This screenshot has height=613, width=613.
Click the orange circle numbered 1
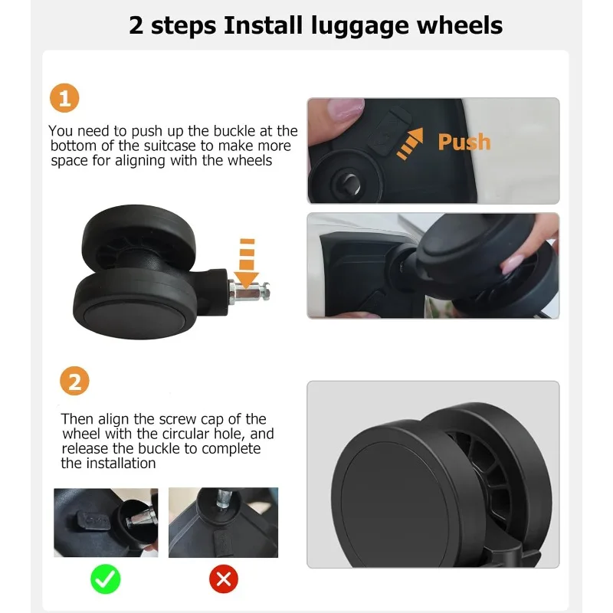64,98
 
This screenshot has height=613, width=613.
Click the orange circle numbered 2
74,381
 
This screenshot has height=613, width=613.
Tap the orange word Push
464,142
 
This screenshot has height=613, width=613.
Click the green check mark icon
106,579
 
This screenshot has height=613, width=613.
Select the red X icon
224,579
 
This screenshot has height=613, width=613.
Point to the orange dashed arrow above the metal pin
247,262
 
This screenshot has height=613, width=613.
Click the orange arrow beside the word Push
410,143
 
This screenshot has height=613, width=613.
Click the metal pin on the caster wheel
249,292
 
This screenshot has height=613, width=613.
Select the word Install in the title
263,25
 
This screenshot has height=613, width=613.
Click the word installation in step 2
121,464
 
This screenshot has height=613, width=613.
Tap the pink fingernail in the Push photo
346,107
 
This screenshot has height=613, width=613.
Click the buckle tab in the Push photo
389,131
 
